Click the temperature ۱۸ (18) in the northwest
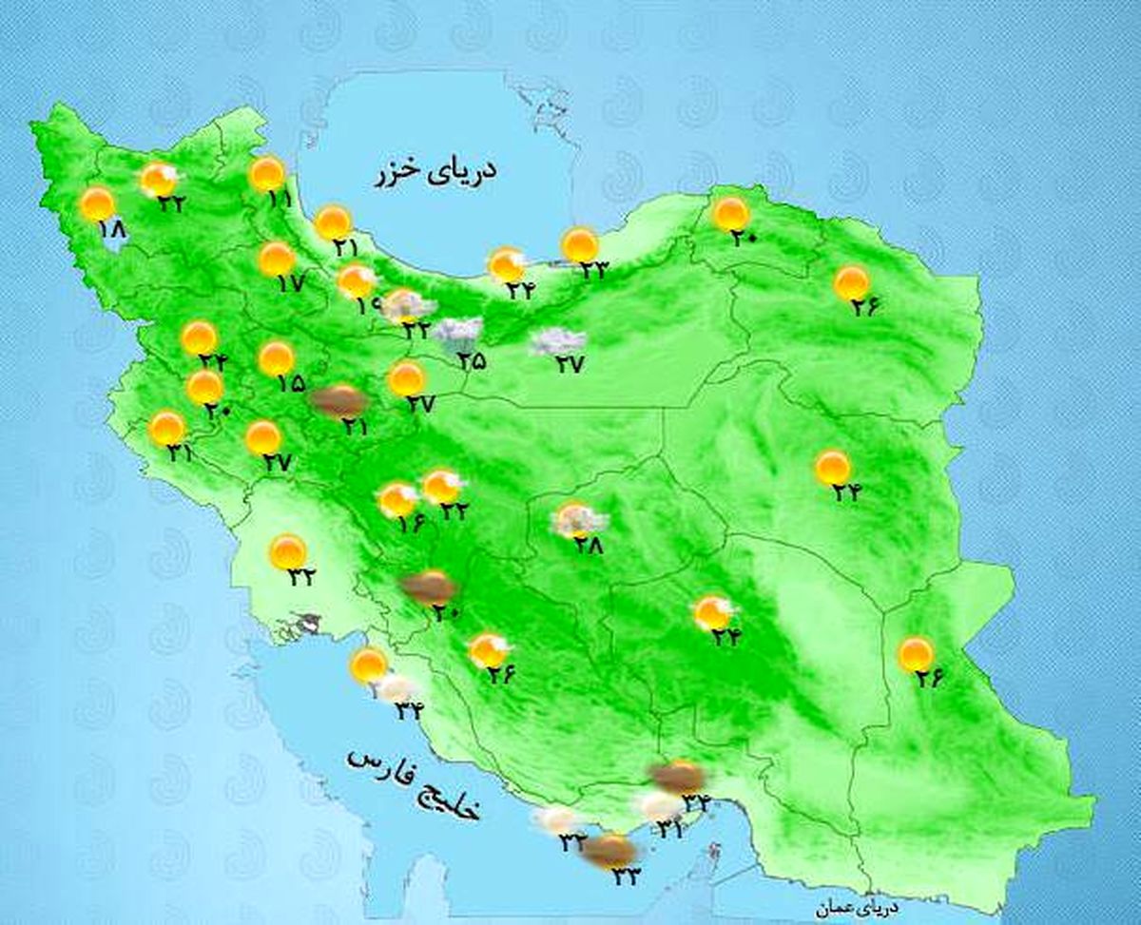[111, 229]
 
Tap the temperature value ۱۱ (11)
[279, 200]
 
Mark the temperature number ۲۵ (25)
[472, 360]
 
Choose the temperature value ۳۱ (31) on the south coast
[670, 830]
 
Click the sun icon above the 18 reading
[97, 203]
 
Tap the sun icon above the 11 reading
[267, 174]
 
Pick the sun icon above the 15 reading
[276, 357]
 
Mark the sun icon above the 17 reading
[277, 258]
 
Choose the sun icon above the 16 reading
[397, 499]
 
